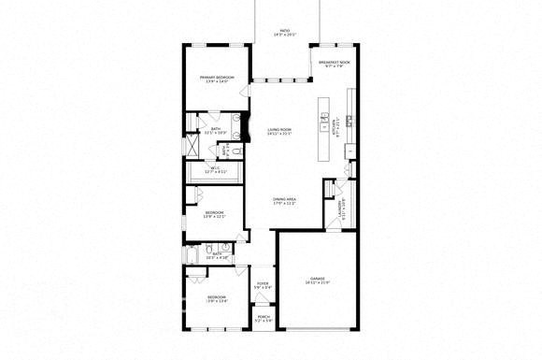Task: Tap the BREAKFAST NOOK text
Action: pos(334,63)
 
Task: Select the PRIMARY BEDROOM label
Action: pos(217,79)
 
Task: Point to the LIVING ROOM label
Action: pos(279,130)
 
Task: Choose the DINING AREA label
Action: pos(285,200)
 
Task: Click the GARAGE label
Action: pos(318,280)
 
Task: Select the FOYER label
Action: pos(263,285)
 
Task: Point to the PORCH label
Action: pos(264,319)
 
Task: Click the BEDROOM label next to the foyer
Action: pos(217,298)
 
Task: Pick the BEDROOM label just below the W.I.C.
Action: pos(216,214)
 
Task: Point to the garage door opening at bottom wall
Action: pos(318,329)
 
